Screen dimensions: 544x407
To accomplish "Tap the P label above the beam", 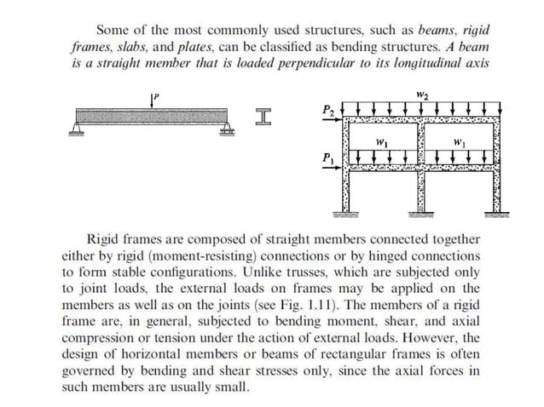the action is (158, 94).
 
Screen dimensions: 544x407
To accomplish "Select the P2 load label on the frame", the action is (327, 110).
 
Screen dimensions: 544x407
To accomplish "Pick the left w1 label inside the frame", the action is (380, 140).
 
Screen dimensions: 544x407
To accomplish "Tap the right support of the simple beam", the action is (228, 129).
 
